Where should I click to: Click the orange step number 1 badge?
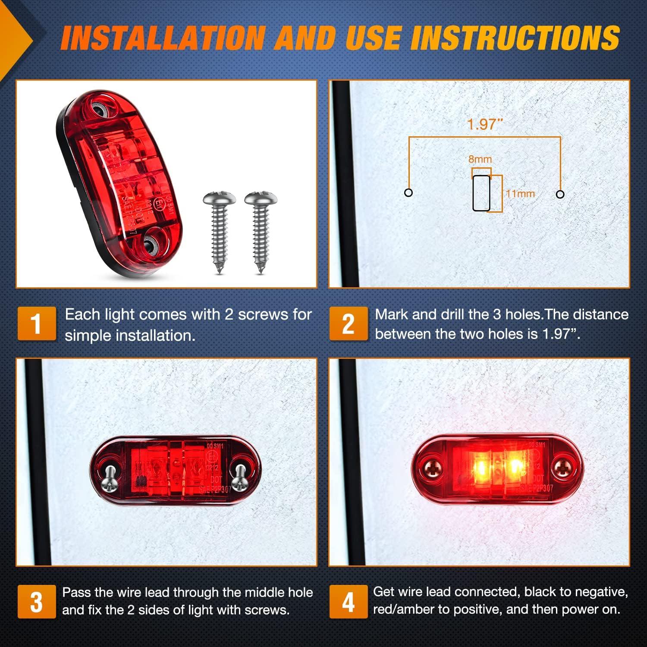[37, 323]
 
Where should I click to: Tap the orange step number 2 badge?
[349, 323]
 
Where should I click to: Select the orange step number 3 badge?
[37, 602]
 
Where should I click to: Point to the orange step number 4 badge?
[349, 602]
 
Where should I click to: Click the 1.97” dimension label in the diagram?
[485, 124]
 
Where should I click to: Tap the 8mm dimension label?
[480, 159]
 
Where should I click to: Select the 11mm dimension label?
[520, 194]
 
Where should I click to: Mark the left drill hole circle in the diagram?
[408, 192]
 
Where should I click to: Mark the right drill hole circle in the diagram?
[560, 194]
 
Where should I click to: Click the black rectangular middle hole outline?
[481, 193]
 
